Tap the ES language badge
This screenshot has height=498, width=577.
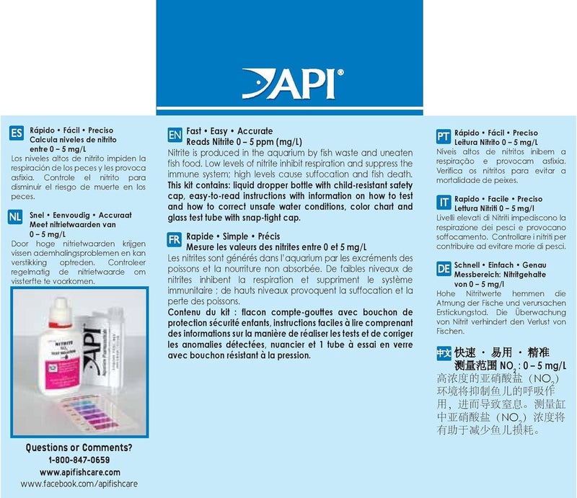[15, 133]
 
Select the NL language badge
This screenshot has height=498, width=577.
[15, 216]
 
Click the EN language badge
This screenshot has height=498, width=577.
[174, 135]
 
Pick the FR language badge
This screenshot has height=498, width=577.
[174, 239]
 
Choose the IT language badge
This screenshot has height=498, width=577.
[444, 203]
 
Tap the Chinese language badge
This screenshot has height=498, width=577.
[444, 354]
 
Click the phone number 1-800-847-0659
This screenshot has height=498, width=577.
[79, 460]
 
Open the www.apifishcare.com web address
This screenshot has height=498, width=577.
[79, 472]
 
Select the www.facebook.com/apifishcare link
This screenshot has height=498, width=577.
[79, 485]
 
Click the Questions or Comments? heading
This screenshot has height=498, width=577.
[79, 448]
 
